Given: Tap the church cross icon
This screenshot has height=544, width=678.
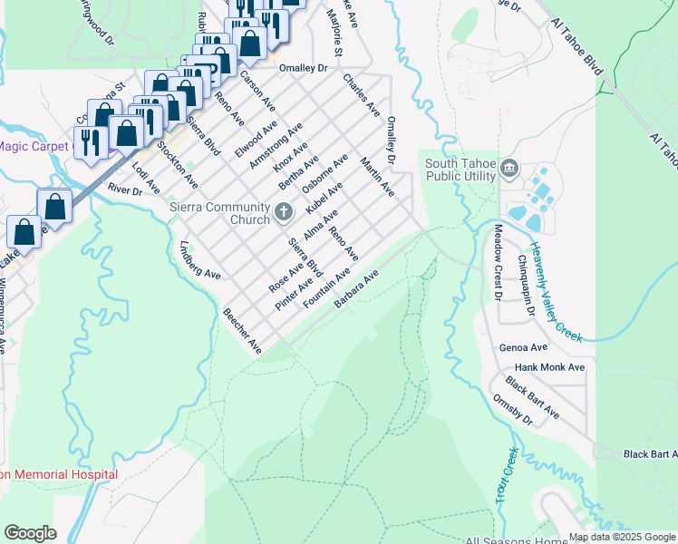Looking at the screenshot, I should pos(284,214).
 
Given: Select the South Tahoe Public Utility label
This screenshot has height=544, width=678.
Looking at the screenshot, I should pos(461,170).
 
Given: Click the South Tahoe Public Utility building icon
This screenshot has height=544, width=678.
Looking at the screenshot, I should pos(508,169).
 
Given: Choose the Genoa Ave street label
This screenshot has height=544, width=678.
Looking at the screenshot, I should pos(524,347).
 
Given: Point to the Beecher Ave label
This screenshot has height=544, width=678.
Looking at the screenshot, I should pos(242,331).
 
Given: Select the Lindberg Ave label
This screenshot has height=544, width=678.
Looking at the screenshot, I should pos(200,260).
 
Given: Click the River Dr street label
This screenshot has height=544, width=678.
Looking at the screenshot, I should pos(125,189).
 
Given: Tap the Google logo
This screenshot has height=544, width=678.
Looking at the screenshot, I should pos(30,533).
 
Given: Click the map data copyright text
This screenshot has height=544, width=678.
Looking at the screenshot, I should pos(621,537).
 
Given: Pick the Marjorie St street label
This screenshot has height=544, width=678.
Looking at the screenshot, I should pos(333,34).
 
